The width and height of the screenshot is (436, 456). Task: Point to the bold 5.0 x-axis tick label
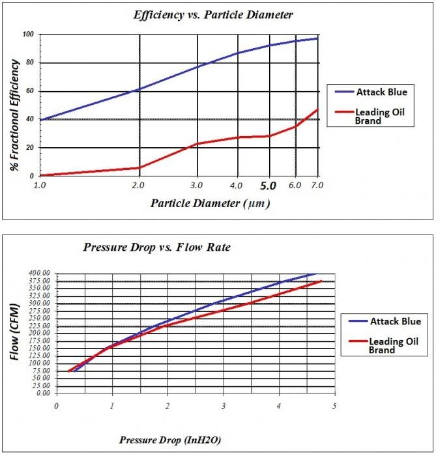269,185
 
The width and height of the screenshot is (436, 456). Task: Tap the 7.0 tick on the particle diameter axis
317,185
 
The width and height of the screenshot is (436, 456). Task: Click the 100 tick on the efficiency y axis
27,35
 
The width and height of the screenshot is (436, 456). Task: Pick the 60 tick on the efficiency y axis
29,91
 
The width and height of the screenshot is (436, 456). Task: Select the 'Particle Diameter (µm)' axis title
210,203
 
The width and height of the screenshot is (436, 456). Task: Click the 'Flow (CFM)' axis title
15,334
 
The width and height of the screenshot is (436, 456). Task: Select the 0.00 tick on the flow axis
42,393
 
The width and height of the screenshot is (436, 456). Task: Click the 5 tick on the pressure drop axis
334,406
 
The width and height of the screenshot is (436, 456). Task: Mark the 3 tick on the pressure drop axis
224,406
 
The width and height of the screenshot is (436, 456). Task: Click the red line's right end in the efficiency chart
317,109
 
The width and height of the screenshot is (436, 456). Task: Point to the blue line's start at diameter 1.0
40,120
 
